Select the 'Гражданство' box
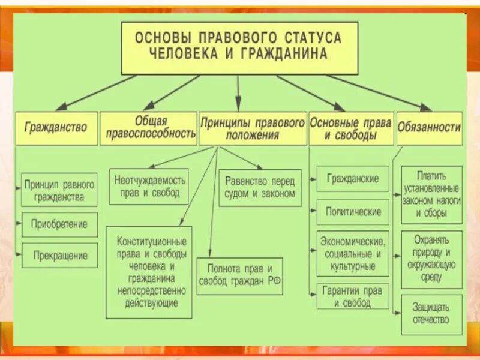pos(56,128)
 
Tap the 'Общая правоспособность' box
pos(148,128)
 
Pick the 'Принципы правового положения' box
pos(253,128)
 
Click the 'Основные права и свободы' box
pos(351,128)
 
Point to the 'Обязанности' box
pos(430,128)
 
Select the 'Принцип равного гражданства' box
pos(59,190)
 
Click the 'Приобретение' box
pos(59,224)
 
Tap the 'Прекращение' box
pos(59,256)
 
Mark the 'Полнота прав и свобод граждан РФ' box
pos(240,275)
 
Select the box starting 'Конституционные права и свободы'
pos(149,272)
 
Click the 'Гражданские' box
pos(353,179)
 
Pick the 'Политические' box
pos(353,212)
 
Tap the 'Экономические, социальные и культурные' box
pos(353,253)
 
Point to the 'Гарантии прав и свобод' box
pos(353,296)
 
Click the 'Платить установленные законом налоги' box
pos(431,195)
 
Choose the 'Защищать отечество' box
pos(431,314)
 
